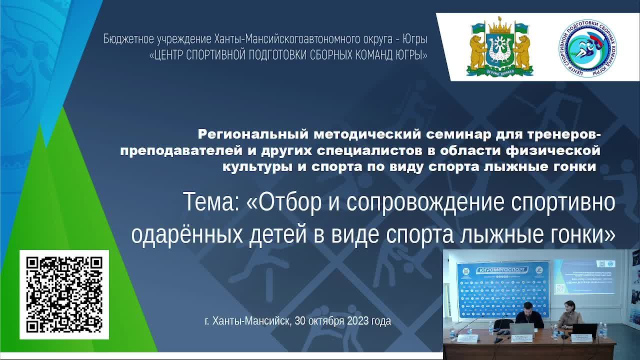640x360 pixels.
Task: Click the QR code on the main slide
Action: (x=64, y=294)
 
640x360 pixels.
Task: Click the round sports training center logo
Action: (x=587, y=47)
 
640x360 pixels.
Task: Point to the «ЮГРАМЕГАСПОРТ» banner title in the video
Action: (x=502, y=268)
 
